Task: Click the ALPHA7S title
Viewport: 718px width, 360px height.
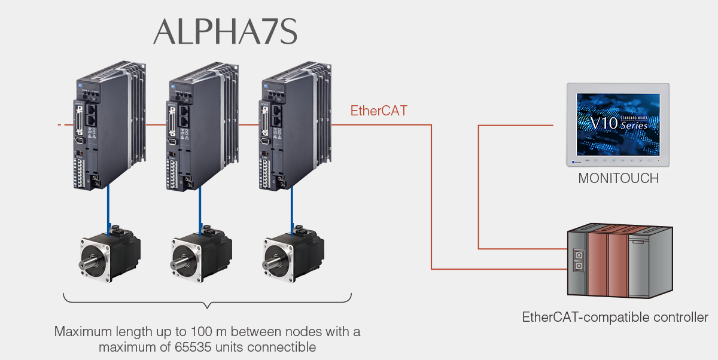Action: click(225, 32)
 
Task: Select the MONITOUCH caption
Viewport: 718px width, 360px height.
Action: click(618, 178)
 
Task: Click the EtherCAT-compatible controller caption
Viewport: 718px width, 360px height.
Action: click(615, 317)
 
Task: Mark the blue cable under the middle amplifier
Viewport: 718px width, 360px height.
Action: click(200, 206)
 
